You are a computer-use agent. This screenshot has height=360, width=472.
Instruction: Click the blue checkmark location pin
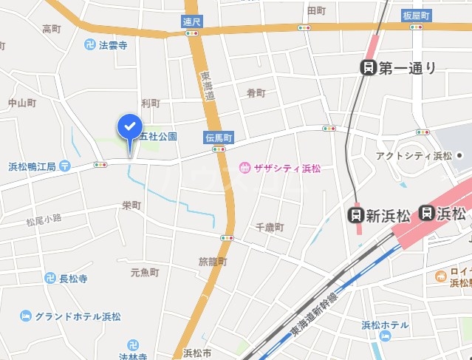point(129,128)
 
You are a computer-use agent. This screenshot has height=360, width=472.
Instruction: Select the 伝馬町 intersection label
point(219,137)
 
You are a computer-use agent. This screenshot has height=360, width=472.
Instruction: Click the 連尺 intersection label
point(192,22)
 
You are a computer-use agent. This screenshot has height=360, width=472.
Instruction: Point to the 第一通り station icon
point(367,68)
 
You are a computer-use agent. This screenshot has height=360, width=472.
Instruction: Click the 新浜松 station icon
point(356,215)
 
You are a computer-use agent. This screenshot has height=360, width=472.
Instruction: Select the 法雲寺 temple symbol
point(90,45)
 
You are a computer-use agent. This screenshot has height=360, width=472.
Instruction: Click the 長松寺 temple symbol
point(49,279)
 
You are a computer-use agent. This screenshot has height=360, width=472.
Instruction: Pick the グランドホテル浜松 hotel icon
point(26,316)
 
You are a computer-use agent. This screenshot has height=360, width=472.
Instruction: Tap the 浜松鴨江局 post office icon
point(65,166)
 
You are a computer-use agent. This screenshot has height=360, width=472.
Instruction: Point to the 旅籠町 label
point(213,262)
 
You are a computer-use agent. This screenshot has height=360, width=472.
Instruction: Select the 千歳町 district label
point(269,228)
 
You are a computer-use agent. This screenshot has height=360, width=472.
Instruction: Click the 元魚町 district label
point(145,273)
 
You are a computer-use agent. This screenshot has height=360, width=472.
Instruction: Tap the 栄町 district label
point(131,206)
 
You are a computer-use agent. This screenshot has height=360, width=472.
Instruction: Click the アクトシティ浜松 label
point(413,155)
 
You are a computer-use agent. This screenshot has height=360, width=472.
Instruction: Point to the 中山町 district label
point(22,103)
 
